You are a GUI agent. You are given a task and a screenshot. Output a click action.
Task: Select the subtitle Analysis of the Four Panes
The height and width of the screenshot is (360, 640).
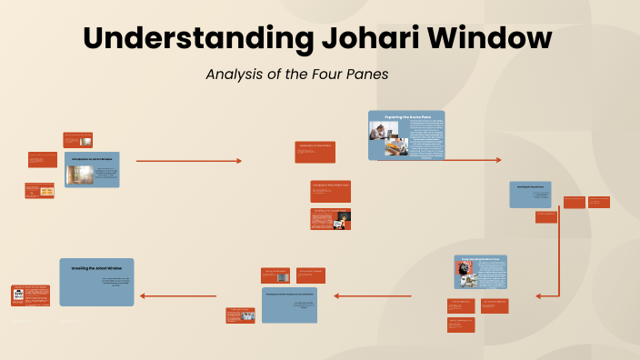(x=297, y=75)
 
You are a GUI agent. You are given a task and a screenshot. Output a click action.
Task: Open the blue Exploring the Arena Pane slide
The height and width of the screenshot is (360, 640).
(x=406, y=135)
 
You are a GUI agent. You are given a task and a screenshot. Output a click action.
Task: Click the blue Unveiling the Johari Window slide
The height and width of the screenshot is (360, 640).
(x=96, y=282)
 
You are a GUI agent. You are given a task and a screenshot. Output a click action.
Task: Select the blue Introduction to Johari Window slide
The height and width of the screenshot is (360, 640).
(x=95, y=170)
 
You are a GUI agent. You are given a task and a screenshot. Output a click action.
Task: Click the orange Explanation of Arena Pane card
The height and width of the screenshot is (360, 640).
(x=316, y=152)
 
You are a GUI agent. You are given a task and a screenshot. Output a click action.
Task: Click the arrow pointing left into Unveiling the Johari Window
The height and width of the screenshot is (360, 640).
(x=178, y=295)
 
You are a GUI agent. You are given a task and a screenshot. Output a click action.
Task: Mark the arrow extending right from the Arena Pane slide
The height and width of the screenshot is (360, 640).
(x=473, y=160)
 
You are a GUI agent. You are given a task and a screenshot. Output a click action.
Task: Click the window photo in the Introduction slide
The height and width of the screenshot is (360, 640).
(x=80, y=175)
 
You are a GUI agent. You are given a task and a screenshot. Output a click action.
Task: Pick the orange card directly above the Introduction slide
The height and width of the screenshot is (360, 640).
(x=77, y=140)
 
